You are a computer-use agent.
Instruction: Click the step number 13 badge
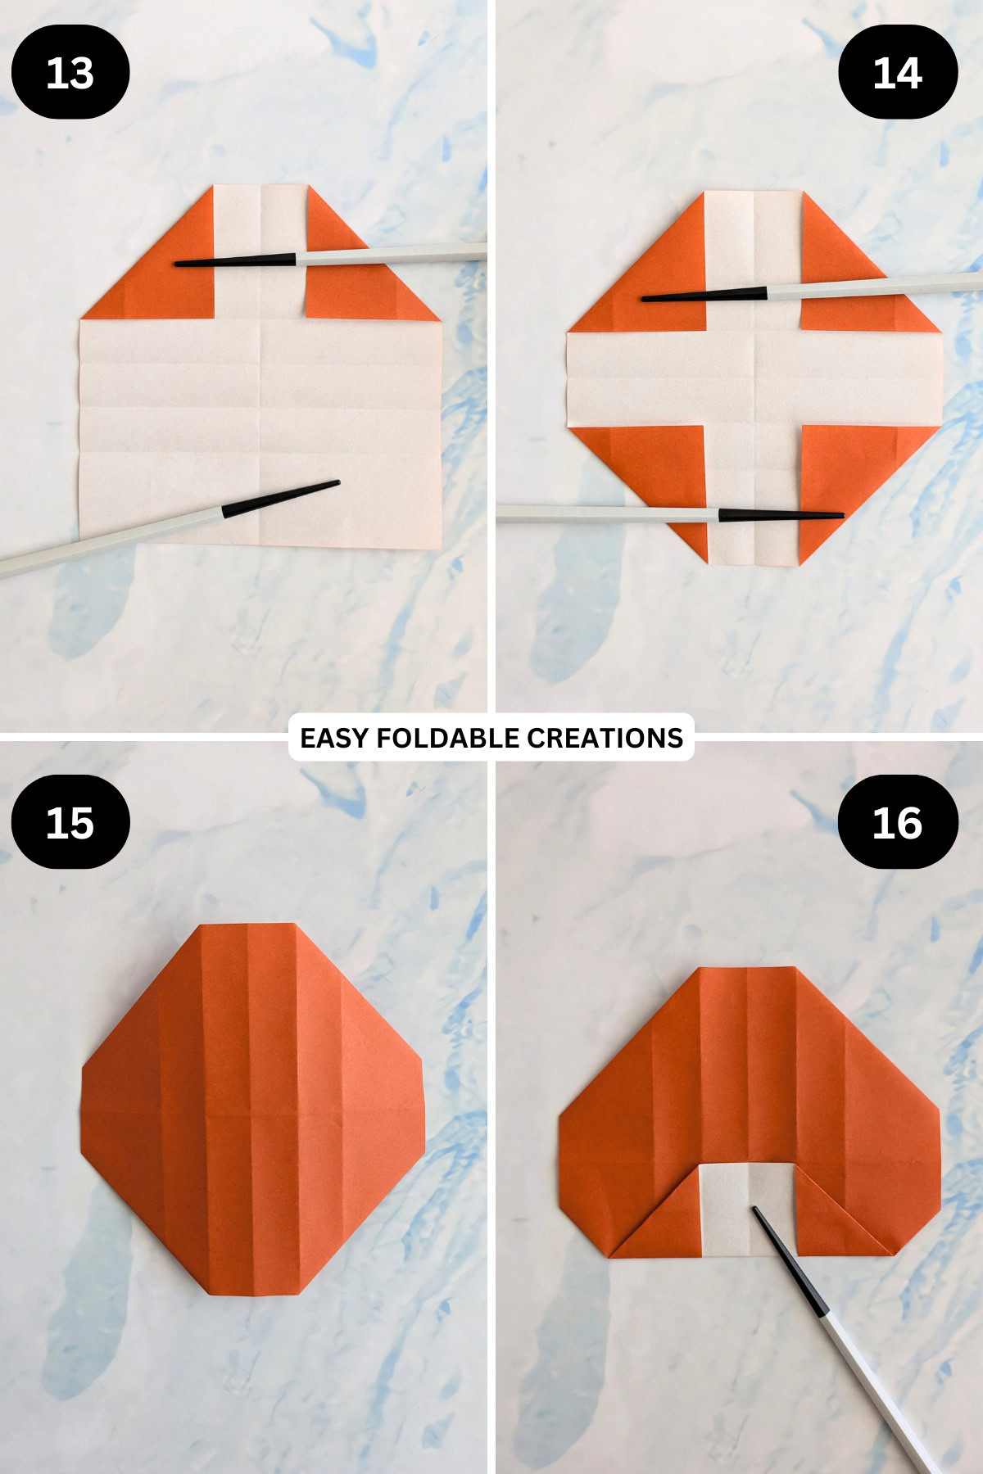pyautogui.click(x=70, y=72)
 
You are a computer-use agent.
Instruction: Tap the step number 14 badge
pyautogui.click(x=898, y=72)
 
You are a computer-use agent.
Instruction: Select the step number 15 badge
pyautogui.click(x=70, y=822)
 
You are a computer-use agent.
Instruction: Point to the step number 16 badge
pyautogui.click(x=898, y=822)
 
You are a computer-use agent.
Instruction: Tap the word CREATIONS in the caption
pyautogui.click(x=605, y=738)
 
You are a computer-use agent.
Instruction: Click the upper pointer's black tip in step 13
pyautogui.click(x=178, y=264)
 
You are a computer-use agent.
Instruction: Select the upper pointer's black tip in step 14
pyautogui.click(x=645, y=299)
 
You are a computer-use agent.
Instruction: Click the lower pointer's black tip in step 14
pyautogui.click(x=840, y=515)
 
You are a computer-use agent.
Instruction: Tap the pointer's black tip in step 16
pyautogui.click(x=756, y=1210)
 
